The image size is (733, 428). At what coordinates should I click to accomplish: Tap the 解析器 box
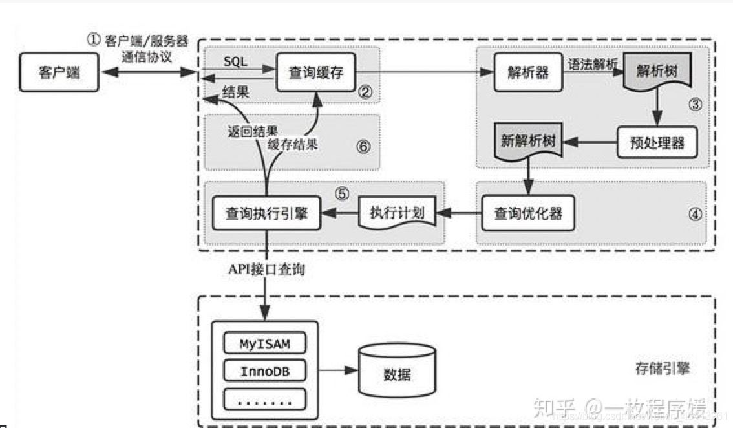(524, 72)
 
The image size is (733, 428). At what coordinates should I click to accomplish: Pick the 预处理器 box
(657, 142)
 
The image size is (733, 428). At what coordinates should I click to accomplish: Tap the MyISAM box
(264, 343)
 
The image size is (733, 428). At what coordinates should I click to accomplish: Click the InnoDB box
(264, 371)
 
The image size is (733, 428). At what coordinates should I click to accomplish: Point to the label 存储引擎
(662, 368)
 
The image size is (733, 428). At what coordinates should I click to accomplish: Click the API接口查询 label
(265, 270)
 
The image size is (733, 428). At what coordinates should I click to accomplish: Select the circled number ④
(694, 215)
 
